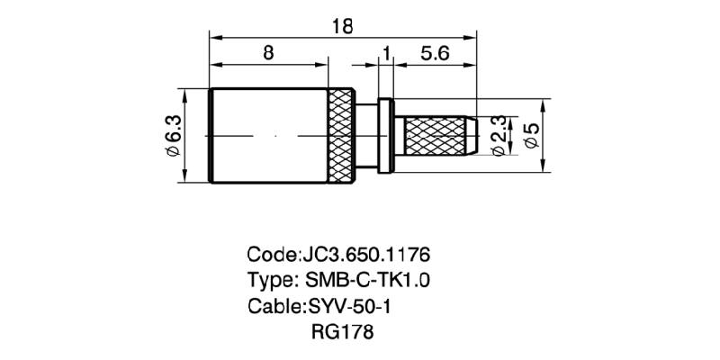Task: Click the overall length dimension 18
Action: click(343, 27)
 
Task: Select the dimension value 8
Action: click(268, 53)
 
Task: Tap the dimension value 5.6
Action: click(434, 54)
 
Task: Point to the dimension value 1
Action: click(386, 54)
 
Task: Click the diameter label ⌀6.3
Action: click(175, 136)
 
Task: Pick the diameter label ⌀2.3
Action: click(499, 136)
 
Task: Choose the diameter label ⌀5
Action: click(532, 136)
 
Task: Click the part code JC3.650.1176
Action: click(365, 255)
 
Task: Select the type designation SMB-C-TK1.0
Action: click(367, 280)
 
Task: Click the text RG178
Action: click(343, 331)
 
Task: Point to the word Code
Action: click(272, 255)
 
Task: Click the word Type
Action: click(271, 280)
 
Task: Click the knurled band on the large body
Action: click(341, 136)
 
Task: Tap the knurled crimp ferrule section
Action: click(435, 136)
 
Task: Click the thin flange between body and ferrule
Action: click(386, 136)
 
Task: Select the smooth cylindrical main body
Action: click(268, 136)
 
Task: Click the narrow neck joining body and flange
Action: click(366, 136)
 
